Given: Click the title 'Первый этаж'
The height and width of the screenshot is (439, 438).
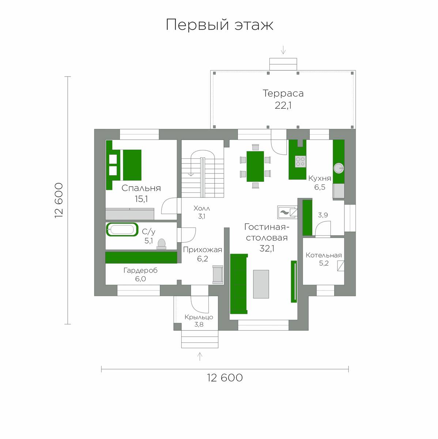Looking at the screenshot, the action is (x=219, y=25).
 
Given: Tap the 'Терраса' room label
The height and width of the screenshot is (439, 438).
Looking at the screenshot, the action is (x=283, y=93).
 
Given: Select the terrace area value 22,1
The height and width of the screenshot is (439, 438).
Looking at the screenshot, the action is (x=283, y=105).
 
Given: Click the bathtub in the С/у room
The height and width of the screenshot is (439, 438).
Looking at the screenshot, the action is (x=122, y=229).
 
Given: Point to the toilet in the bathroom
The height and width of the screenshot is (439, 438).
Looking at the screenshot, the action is (x=162, y=244).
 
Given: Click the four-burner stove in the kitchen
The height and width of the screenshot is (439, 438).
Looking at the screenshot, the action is (x=300, y=162).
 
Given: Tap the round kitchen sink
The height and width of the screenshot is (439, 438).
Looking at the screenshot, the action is (x=339, y=168).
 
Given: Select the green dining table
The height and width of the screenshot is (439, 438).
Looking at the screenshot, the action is (x=255, y=166).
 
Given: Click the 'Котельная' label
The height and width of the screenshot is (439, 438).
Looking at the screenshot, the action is (x=324, y=255).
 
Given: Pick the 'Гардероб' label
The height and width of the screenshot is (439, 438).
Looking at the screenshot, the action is (x=140, y=270).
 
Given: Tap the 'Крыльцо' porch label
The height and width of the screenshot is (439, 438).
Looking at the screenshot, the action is (x=199, y=317).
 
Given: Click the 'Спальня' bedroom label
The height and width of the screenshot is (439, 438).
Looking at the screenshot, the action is (x=141, y=188).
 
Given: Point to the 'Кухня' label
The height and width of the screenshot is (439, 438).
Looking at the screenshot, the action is (x=320, y=178).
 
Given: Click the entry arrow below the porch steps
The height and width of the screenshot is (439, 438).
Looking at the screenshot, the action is (x=200, y=357).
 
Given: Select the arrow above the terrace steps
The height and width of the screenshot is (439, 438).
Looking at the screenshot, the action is (x=283, y=50).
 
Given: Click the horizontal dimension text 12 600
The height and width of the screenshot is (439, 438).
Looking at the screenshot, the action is (x=225, y=378).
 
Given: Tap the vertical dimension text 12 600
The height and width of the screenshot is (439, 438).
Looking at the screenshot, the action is (x=59, y=200).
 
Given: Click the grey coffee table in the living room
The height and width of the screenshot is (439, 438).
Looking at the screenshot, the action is (x=261, y=284).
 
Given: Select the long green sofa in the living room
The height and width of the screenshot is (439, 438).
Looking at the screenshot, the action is (x=239, y=284).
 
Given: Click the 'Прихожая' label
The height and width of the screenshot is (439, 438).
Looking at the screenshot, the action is (x=203, y=250).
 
